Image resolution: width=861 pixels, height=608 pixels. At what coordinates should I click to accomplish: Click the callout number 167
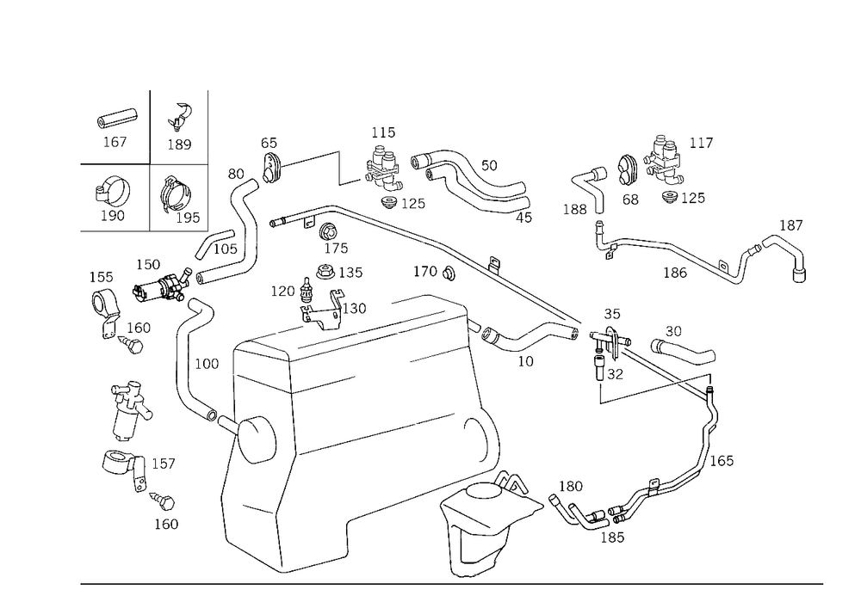click(x=115, y=142)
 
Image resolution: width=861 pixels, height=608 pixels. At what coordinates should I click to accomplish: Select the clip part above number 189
click(x=180, y=117)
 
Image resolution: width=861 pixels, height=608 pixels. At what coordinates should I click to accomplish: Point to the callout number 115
click(x=383, y=132)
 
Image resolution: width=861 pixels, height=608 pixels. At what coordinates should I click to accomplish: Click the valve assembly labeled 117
click(x=665, y=160)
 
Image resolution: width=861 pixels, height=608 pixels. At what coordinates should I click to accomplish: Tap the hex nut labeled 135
click(x=325, y=272)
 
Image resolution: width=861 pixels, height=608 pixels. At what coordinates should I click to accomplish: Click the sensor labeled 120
click(x=306, y=290)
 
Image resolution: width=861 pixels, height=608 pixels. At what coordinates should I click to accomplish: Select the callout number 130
click(x=354, y=309)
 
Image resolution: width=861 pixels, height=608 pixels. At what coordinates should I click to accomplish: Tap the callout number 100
click(x=207, y=364)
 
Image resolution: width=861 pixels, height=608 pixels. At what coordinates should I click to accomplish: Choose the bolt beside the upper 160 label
click(x=132, y=345)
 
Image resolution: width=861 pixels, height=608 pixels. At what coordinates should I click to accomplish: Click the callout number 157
click(x=163, y=464)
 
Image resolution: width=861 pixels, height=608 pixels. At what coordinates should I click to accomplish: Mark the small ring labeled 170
click(x=449, y=273)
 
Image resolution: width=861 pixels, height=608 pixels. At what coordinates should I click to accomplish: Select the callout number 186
click(x=675, y=273)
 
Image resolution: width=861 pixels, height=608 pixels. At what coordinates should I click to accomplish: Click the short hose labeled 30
click(x=683, y=350)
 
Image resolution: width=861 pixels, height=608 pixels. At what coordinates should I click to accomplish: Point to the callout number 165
click(x=722, y=461)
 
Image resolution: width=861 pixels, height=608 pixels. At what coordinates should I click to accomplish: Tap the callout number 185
click(x=612, y=537)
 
